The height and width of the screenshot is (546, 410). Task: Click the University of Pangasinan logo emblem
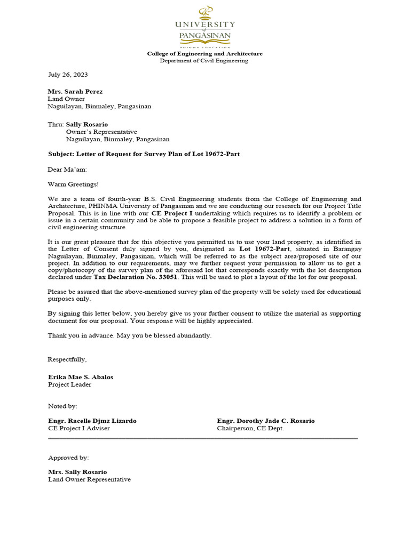(x=205, y=12)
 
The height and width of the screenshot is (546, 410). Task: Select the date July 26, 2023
(x=68, y=75)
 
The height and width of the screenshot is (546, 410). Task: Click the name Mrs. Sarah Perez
(x=75, y=91)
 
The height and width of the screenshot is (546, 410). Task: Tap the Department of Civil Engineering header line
(x=204, y=61)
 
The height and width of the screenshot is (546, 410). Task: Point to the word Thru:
(x=56, y=124)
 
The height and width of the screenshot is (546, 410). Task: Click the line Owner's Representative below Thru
(x=101, y=132)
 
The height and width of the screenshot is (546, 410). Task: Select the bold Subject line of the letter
(x=144, y=154)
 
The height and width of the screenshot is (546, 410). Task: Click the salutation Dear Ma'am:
(x=67, y=170)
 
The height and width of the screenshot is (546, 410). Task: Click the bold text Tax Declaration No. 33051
(x=136, y=277)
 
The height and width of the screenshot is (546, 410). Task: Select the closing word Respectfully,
(x=67, y=359)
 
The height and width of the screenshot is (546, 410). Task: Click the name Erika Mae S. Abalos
(x=81, y=377)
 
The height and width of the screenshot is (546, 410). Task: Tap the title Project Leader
(x=70, y=384)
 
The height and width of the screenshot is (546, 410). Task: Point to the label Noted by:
(x=62, y=406)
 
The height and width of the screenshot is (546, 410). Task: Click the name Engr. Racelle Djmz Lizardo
(x=92, y=421)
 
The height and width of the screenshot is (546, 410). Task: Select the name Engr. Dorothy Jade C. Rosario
(x=266, y=421)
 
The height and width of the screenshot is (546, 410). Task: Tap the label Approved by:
(x=68, y=457)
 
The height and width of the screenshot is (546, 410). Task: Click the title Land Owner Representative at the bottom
(x=89, y=479)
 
